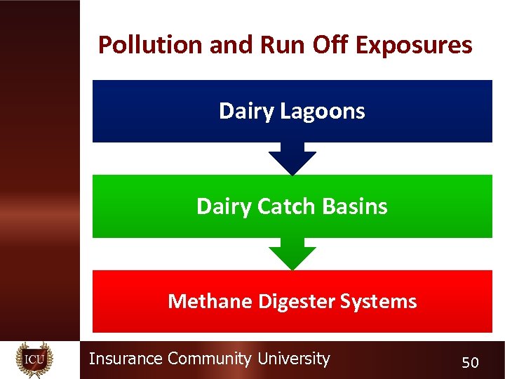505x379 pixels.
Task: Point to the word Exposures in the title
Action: tap(414, 45)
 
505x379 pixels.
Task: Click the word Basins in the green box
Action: tap(357, 206)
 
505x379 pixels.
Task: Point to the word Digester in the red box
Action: tap(297, 302)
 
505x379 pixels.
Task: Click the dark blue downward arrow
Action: tap(292, 159)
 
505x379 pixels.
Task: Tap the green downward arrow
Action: tap(292, 254)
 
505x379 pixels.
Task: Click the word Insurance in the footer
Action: tap(126, 359)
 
